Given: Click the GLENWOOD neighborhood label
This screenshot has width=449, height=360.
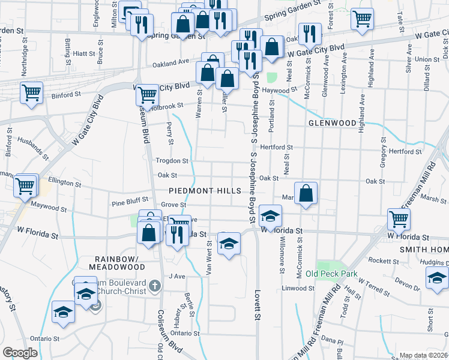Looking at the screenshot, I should point(332,123).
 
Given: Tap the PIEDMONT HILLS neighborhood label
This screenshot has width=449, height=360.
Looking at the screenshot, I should point(205,191).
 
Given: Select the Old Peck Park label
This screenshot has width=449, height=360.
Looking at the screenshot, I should point(331,274).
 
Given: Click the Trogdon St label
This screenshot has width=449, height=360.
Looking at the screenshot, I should point(172,161).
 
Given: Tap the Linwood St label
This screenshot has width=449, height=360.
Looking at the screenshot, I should point(298,289).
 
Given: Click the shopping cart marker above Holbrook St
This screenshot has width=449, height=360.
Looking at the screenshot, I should point(146,94).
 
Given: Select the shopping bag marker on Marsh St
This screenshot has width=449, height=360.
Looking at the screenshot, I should point(306,193).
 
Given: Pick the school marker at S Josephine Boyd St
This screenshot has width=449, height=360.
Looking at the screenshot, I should point(271,216).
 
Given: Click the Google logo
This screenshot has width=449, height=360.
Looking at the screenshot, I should point(20,353).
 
